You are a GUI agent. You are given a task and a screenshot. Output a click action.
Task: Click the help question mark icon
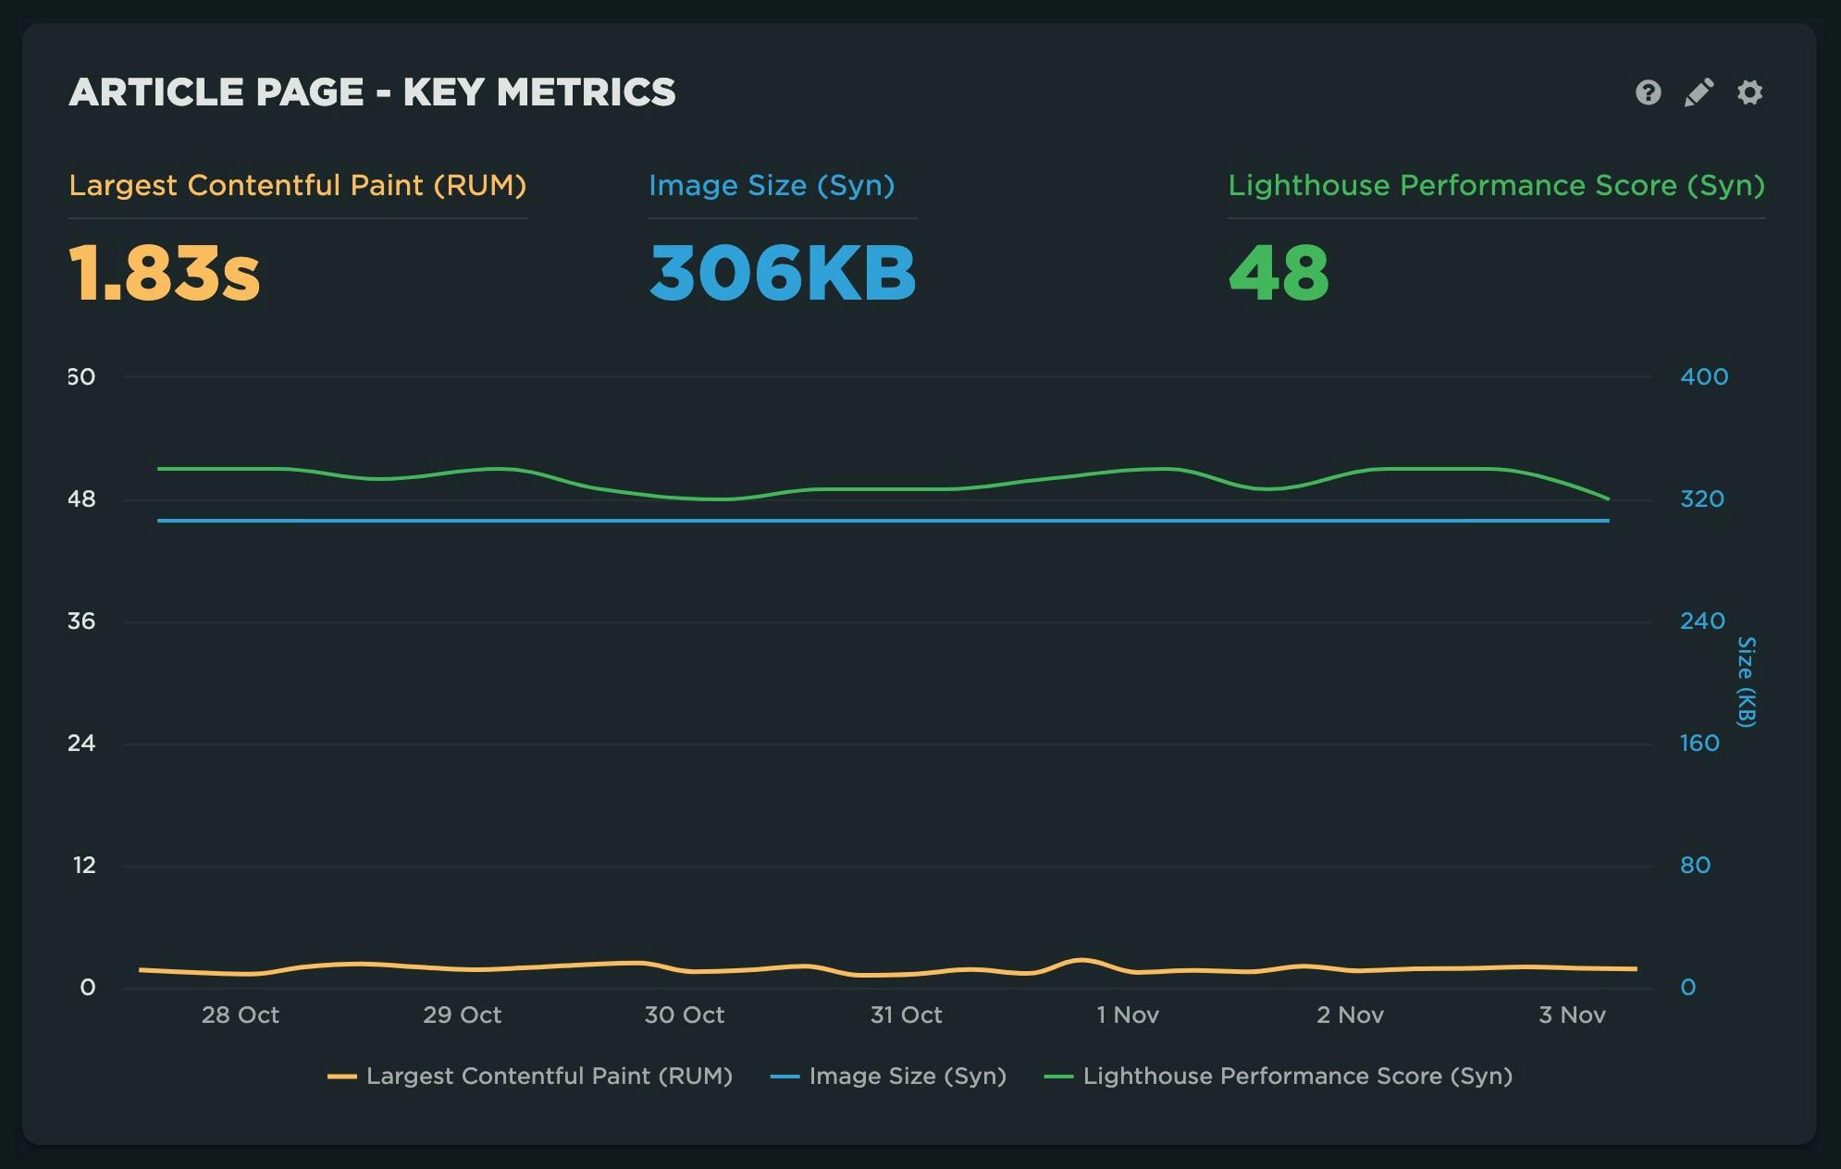tap(1648, 92)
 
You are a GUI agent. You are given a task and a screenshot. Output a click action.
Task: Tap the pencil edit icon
tap(1699, 92)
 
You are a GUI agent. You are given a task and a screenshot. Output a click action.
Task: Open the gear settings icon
tap(1749, 92)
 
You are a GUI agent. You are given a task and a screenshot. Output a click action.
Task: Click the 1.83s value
tap(165, 273)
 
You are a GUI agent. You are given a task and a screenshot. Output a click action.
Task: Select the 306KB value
tap(783, 273)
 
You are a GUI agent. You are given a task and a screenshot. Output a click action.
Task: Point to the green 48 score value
tap(1279, 273)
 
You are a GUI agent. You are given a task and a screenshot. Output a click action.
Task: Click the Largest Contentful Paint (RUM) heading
tap(297, 185)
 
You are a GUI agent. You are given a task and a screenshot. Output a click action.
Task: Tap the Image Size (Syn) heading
tap(772, 185)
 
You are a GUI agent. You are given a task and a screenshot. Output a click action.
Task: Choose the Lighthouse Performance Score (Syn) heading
tap(1496, 185)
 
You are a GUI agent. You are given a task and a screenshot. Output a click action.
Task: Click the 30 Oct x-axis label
tap(684, 1015)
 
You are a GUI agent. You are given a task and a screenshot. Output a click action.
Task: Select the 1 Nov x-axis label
tap(1127, 1015)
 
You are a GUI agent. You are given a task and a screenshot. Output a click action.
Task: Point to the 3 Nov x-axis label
tap(1571, 1015)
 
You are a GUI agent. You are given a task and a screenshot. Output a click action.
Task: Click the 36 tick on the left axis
tap(81, 621)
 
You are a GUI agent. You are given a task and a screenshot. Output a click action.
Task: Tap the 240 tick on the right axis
tap(1701, 621)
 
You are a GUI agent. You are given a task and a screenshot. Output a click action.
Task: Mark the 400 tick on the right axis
tap(1703, 376)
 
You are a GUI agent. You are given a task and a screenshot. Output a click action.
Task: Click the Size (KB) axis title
tap(1746, 682)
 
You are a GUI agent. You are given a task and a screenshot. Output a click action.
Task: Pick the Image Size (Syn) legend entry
tap(888, 1076)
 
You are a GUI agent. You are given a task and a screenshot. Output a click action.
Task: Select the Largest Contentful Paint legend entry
tap(530, 1076)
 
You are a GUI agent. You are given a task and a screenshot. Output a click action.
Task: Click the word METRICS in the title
tap(586, 92)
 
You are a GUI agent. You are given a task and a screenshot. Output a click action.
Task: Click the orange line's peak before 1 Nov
tap(1081, 960)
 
